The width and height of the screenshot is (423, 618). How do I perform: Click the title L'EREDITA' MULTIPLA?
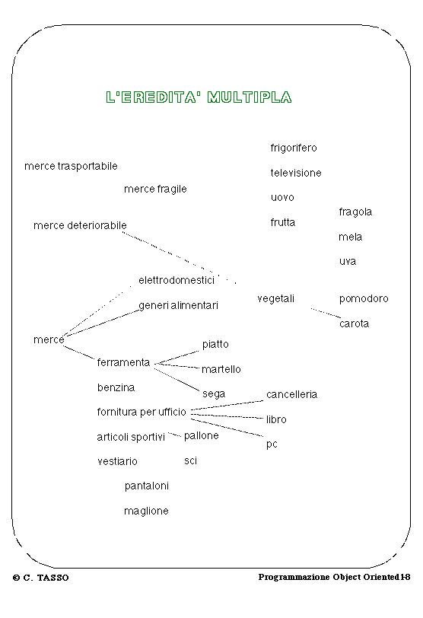pyautogui.click(x=199, y=97)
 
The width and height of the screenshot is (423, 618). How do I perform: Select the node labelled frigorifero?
pyautogui.click(x=294, y=148)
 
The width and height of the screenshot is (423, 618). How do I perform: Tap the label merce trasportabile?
pyautogui.click(x=71, y=166)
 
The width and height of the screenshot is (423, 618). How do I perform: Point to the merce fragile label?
pyautogui.click(x=155, y=190)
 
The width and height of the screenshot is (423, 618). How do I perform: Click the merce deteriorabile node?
pyautogui.click(x=80, y=225)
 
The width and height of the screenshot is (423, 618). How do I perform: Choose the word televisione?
pyautogui.click(x=296, y=173)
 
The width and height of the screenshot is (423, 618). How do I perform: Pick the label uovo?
pyautogui.click(x=282, y=197)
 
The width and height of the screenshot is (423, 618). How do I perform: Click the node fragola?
pyautogui.click(x=355, y=212)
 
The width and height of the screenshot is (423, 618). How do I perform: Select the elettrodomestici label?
pyautogui.click(x=177, y=280)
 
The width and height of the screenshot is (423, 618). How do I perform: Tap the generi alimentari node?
pyautogui.click(x=178, y=305)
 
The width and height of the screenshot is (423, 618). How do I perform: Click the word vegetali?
pyautogui.click(x=275, y=299)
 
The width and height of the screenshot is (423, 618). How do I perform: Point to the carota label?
pyautogui.click(x=354, y=324)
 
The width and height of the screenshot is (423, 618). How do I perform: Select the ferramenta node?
pyautogui.click(x=123, y=362)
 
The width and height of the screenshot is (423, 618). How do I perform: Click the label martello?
pyautogui.click(x=221, y=369)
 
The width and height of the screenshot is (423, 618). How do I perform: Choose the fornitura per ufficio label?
pyautogui.click(x=142, y=412)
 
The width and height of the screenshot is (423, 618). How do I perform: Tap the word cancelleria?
pyautogui.click(x=291, y=394)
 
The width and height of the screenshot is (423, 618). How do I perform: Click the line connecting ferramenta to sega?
pyautogui.click(x=177, y=380)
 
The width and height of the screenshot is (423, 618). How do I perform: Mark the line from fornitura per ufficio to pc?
pyautogui.click(x=227, y=428)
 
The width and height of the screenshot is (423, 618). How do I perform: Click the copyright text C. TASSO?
pyautogui.click(x=41, y=578)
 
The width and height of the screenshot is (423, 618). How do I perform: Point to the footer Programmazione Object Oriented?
pyautogui.click(x=329, y=577)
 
